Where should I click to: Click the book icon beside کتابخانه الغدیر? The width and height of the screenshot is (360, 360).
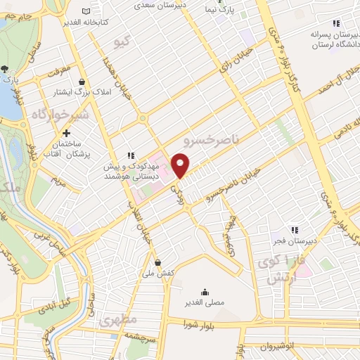coord(86,12)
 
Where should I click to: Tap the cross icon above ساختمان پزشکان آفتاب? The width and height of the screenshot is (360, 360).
coord(67,132)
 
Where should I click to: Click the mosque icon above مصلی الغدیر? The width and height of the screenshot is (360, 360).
coord(205,291)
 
